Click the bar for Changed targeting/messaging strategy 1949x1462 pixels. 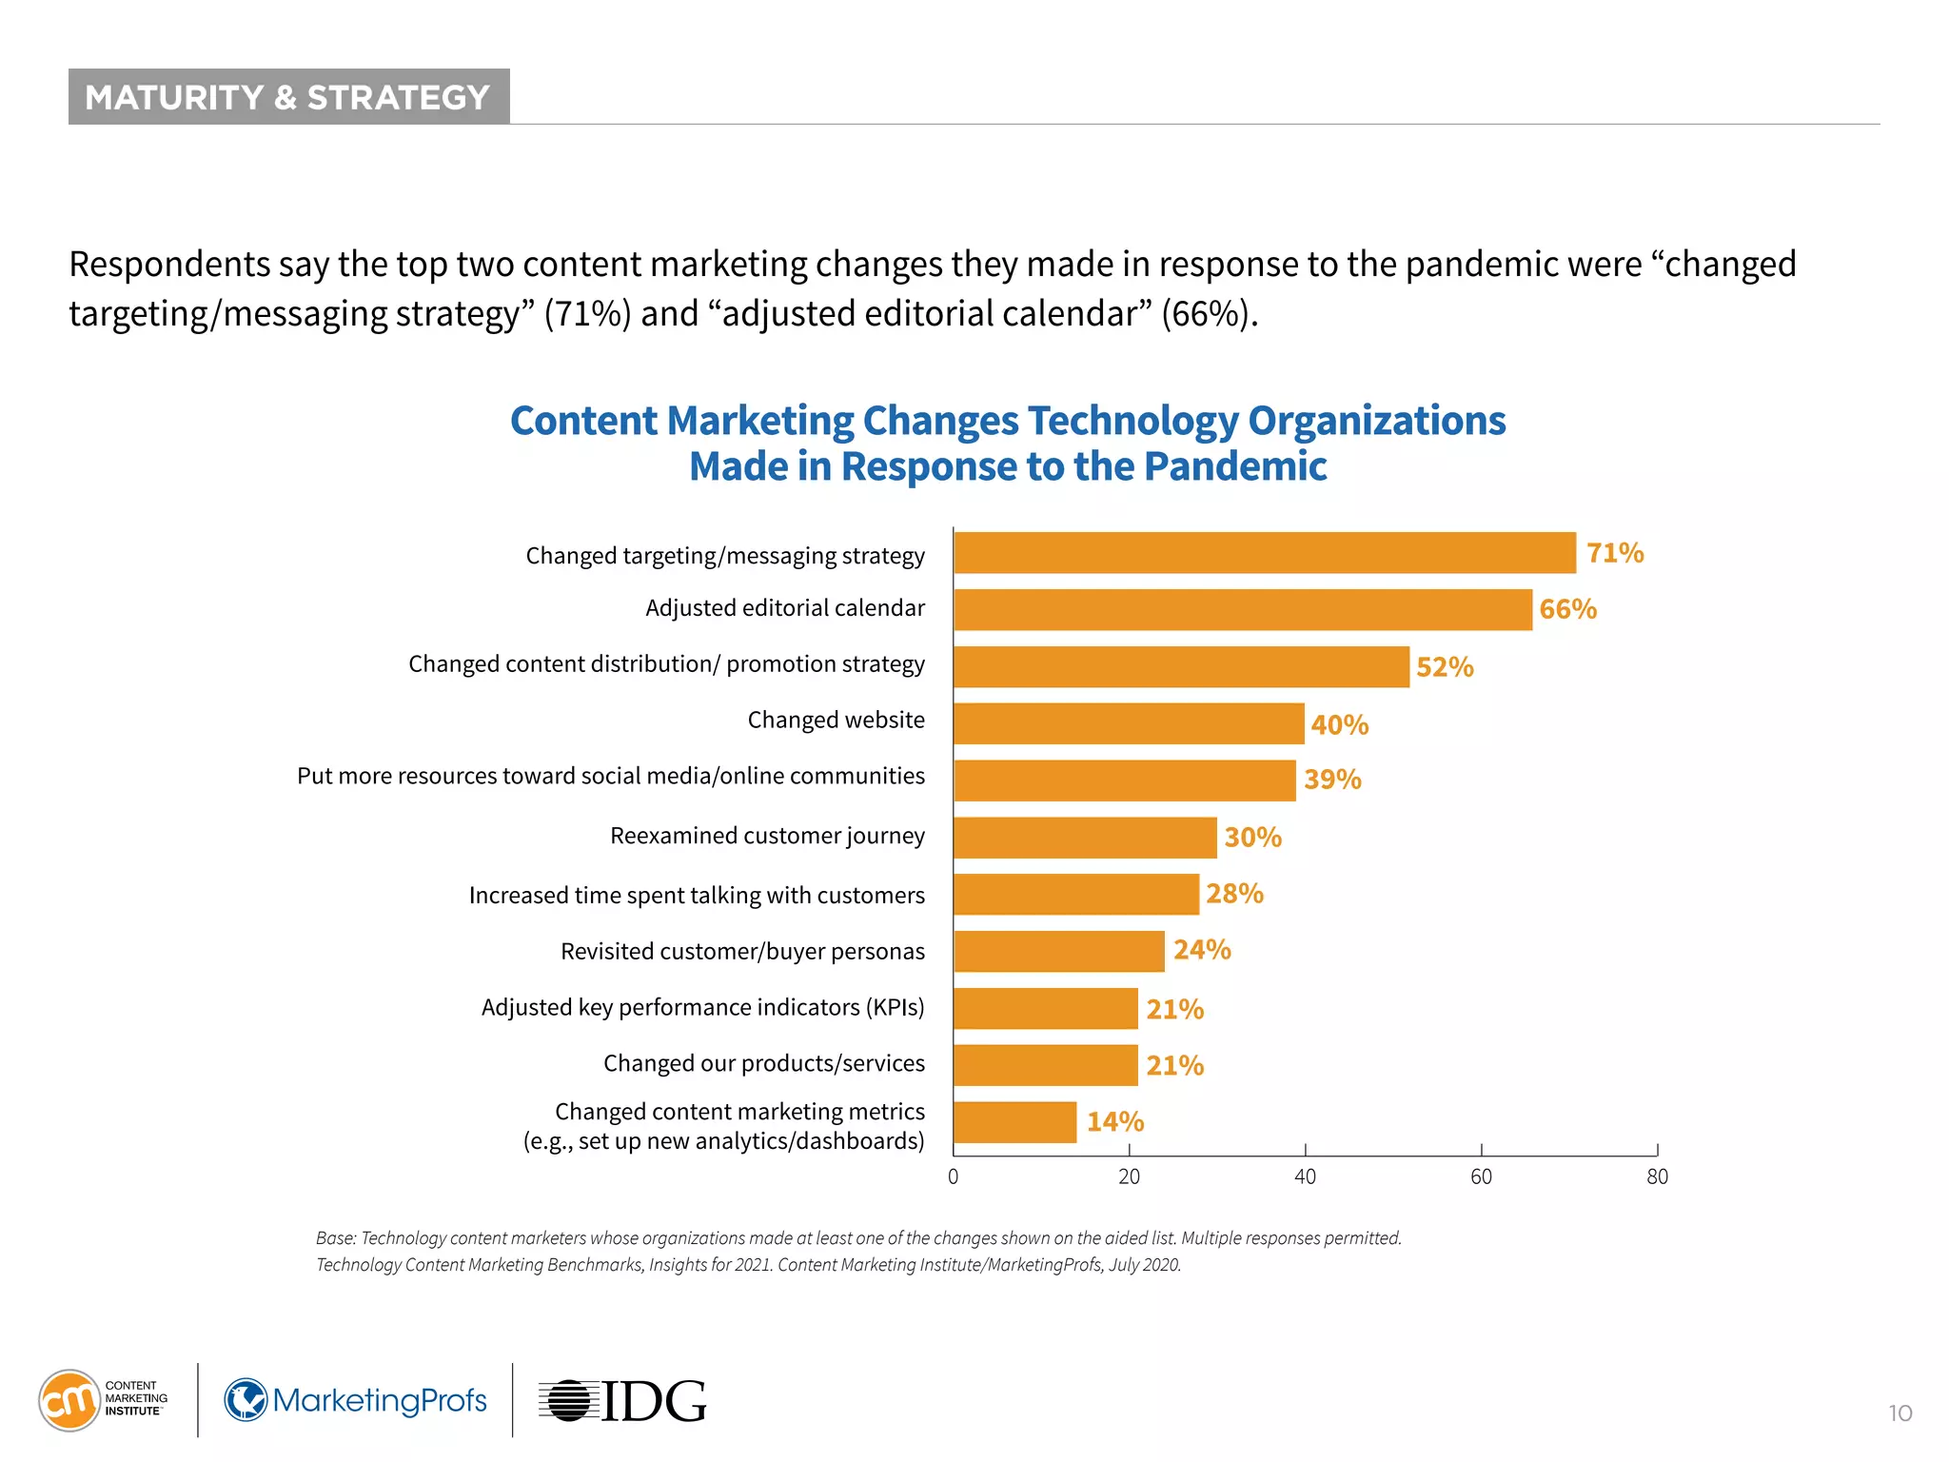point(1264,553)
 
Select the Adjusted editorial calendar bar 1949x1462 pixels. point(1242,609)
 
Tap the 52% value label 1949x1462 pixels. point(1444,667)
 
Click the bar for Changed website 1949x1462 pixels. point(1128,723)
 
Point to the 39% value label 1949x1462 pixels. point(1331,780)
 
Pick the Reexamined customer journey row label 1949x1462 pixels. point(766,836)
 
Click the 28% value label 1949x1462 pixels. point(1234,894)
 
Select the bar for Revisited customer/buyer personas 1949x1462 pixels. point(1058,951)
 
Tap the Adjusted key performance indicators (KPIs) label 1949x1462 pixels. point(702,1007)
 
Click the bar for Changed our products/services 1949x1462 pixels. point(1045,1065)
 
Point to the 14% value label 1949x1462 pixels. point(1114,1122)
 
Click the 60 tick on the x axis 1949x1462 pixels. point(1481,1176)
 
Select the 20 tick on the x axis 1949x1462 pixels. point(1129,1176)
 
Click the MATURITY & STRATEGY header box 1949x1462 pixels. point(288,97)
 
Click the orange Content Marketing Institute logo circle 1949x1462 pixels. point(69,1400)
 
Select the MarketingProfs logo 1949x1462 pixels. point(356,1400)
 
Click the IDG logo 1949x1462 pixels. point(623,1401)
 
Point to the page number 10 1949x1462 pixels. point(1900,1413)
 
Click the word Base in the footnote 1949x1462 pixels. point(334,1238)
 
